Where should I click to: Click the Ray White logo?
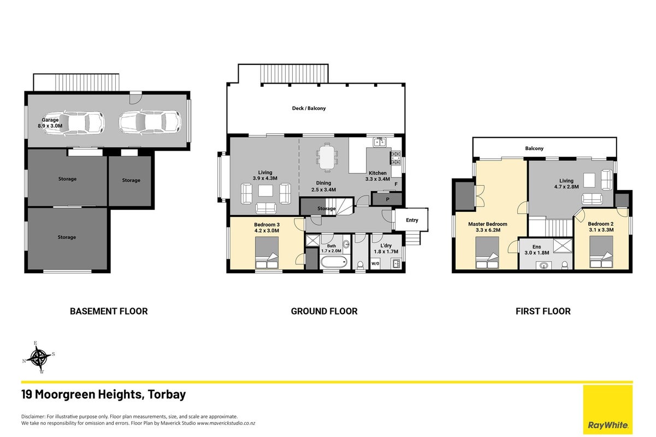[x=608, y=409]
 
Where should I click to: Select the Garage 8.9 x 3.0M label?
[x=50, y=123]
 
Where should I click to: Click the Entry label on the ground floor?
[x=412, y=220]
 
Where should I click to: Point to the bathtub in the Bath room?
[x=334, y=262]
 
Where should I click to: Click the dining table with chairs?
[x=327, y=157]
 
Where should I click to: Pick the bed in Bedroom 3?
[x=267, y=253]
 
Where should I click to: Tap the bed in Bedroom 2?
[x=601, y=252]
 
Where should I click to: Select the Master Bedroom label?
[x=488, y=224]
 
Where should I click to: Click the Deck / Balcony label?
[x=309, y=108]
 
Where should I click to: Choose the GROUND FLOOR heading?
[x=324, y=311]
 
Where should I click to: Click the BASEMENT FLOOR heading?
[x=109, y=311]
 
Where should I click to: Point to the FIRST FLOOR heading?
[x=543, y=311]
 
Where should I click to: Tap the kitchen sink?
[x=380, y=142]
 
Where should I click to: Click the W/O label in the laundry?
[x=375, y=264]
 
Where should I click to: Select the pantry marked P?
[x=387, y=199]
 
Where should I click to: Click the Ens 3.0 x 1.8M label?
[x=536, y=250]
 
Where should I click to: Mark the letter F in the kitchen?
[x=396, y=184]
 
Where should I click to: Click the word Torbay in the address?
[x=167, y=394]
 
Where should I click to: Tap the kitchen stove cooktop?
[x=395, y=158]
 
